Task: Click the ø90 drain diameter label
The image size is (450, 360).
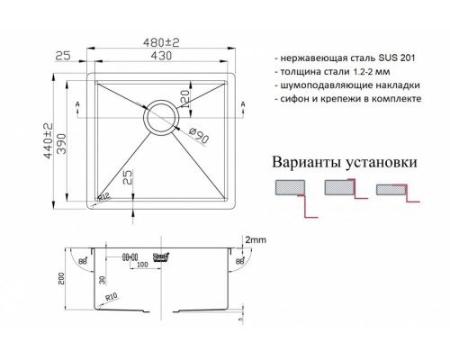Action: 199,135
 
